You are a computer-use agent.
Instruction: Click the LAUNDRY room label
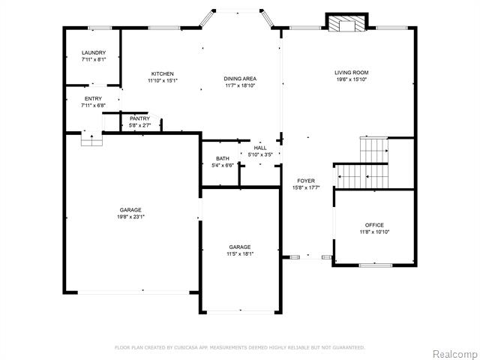pos(94,52)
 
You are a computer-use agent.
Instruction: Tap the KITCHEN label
pos(163,73)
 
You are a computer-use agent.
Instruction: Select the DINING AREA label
pos(240,79)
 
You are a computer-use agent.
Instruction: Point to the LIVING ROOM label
pos(352,73)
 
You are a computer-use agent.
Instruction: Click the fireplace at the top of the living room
pos(346,22)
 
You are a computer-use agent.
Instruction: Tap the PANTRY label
pos(140,118)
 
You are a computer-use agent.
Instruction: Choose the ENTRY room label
pos(93,98)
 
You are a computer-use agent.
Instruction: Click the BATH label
pos(223,158)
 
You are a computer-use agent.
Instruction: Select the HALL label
pos(260,148)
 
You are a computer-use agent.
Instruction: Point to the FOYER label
pos(306,181)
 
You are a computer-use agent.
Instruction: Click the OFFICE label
pos(374,225)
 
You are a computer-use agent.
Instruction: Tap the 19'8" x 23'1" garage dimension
pos(130,217)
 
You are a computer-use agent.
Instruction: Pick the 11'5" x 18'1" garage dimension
pos(240,253)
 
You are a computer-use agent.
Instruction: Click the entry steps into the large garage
pos(91,138)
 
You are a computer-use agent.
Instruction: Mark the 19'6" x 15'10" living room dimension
pos(352,79)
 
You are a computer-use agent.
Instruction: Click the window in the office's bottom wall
pos(376,265)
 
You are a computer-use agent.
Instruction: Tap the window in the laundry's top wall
pos(100,28)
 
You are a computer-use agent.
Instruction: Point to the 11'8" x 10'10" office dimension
pos(374,232)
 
